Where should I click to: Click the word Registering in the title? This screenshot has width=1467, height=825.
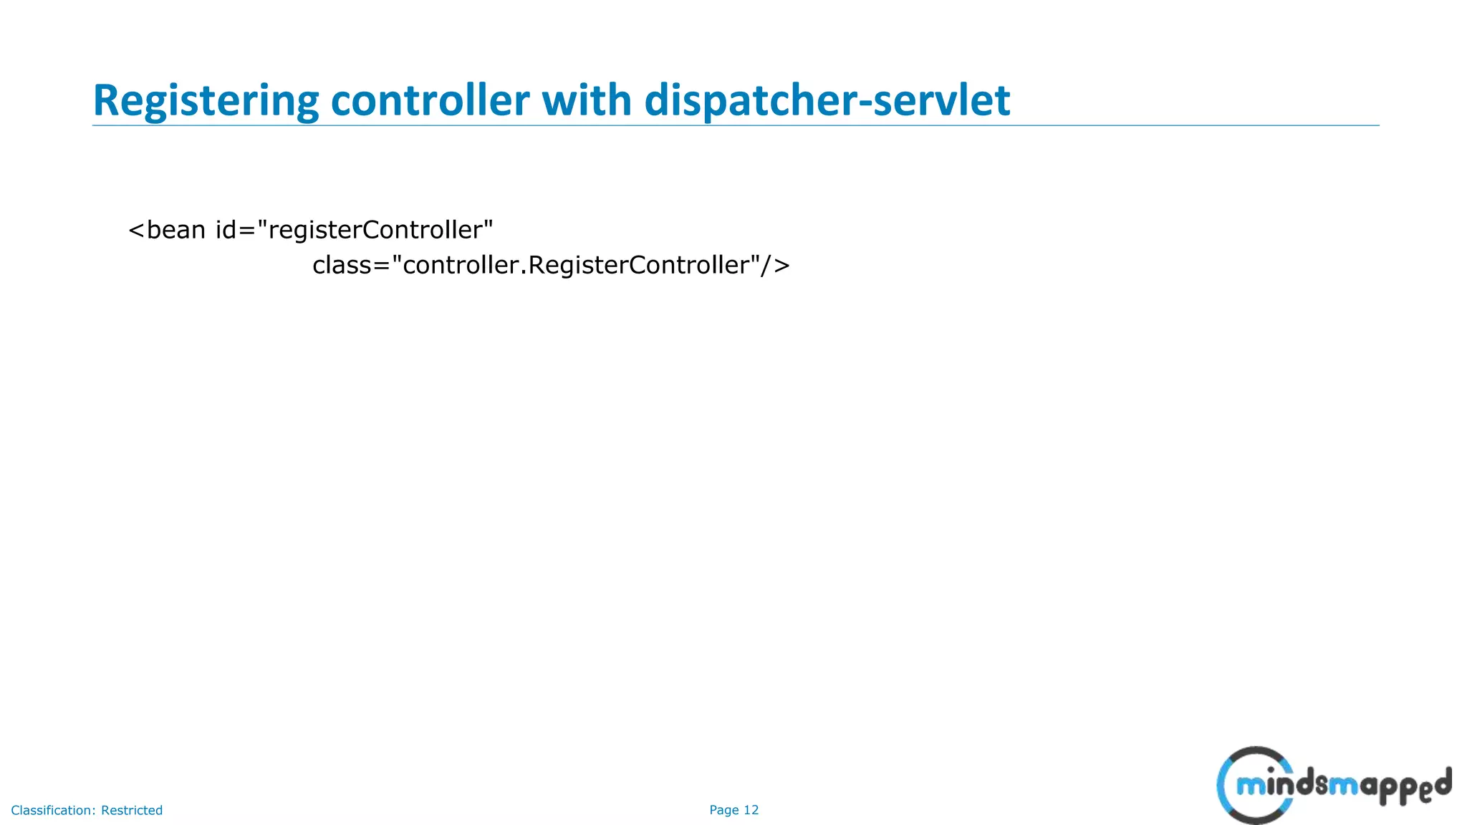206,100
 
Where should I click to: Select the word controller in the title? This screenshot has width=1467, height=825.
430,100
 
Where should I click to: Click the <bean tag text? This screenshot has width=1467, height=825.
167,230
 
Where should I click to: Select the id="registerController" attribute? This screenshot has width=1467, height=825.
355,230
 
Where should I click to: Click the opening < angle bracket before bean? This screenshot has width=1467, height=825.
136,231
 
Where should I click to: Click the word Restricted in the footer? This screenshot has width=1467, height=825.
132,810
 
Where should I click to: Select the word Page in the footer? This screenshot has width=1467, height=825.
723,810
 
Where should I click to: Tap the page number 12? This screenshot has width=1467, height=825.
751,810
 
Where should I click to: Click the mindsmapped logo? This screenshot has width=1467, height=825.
1334,786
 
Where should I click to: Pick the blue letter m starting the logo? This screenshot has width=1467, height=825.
1251,787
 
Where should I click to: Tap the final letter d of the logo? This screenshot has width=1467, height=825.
1443,781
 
